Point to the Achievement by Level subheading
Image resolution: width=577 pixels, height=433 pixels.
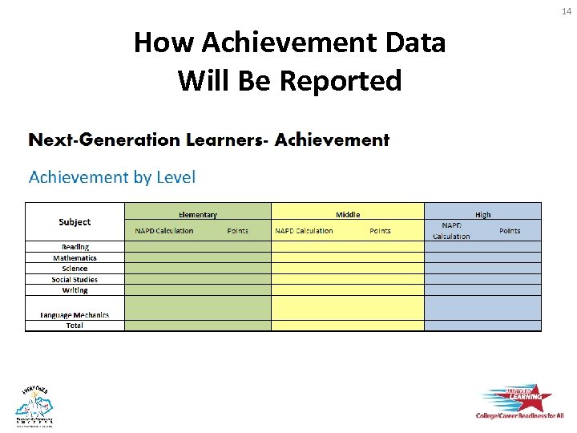[112, 177]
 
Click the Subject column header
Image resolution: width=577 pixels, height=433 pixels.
[75, 222]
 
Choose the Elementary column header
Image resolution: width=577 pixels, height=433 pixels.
[197, 215]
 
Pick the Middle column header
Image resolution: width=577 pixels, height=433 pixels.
[348, 215]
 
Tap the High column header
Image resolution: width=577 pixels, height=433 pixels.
[482, 215]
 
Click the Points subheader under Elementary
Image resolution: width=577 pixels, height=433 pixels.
[237, 231]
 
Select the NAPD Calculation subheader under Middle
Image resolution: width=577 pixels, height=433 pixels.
[304, 231]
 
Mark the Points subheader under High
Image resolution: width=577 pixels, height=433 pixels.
[510, 231]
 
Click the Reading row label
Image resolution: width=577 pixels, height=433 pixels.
[75, 247]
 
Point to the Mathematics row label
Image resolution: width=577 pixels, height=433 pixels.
[75, 258]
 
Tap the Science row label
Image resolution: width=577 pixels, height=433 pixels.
[75, 269]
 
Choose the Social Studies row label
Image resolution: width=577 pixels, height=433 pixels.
[75, 280]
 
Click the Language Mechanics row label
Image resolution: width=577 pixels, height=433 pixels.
[75, 315]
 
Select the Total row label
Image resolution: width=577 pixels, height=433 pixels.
[75, 326]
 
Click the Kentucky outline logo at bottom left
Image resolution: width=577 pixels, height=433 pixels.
[34, 405]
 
